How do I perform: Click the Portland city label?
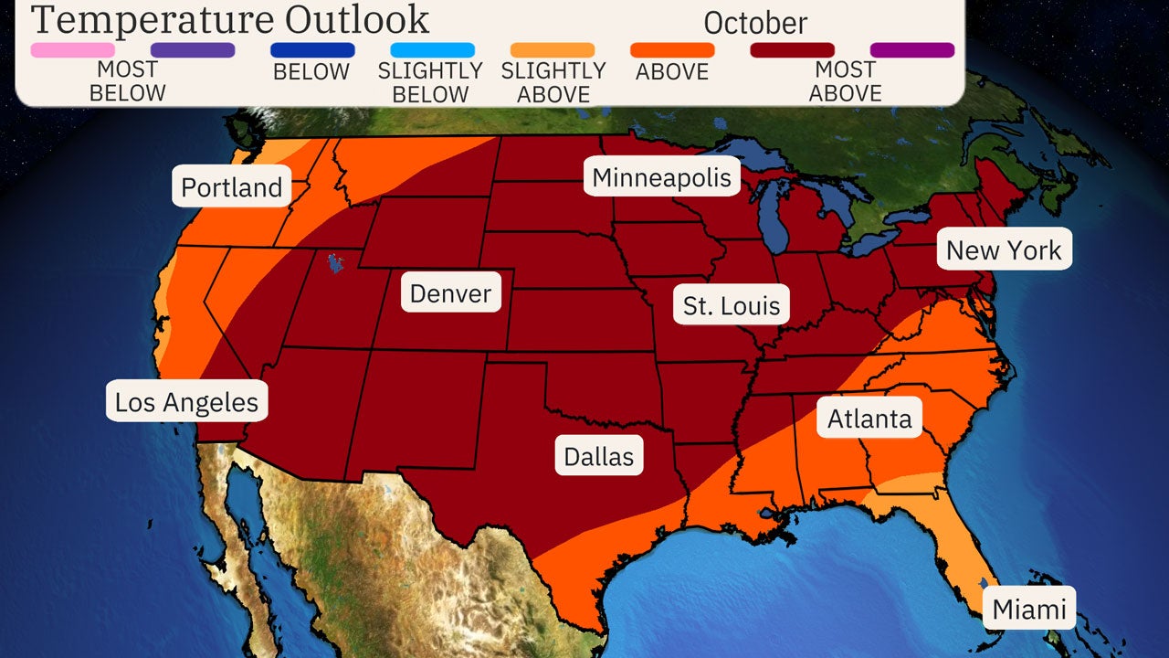(231, 187)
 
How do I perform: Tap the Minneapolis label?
(661, 177)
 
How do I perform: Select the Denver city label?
(450, 293)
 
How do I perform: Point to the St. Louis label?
(732, 305)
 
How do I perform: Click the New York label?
(1004, 249)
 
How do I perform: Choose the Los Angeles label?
(186, 401)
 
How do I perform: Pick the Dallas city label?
(598, 456)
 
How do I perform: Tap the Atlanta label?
(869, 418)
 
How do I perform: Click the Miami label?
(1028, 609)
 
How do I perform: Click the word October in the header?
(755, 23)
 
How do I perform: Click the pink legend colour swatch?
(73, 50)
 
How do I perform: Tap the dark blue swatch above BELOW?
(312, 50)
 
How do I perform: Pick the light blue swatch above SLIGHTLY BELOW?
(432, 50)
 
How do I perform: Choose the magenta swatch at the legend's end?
(911, 50)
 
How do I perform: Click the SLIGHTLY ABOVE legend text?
(553, 81)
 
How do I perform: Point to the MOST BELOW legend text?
(127, 81)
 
